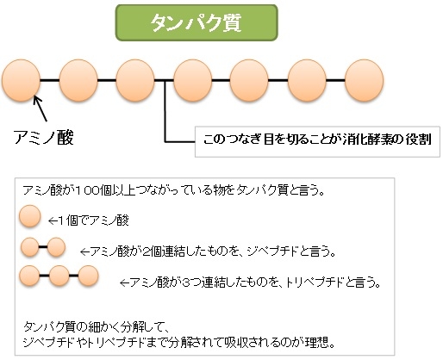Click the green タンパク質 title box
197,22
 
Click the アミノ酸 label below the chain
44,137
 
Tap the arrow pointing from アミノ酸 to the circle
40,109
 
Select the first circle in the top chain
21,80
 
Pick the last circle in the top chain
364,80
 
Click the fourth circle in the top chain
192,80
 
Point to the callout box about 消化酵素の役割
317,141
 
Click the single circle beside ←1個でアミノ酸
30,216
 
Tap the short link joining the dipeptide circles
43,247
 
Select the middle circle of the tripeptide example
59,276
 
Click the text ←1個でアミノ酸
89,220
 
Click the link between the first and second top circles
50,80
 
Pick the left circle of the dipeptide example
29,247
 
